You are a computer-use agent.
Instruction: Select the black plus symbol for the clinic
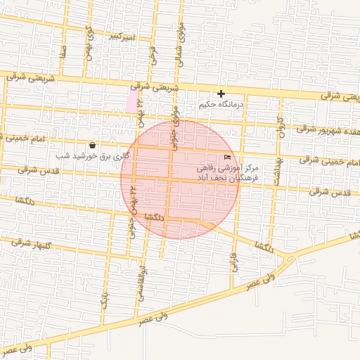coord(221,94)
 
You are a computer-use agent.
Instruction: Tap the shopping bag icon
coord(93,145)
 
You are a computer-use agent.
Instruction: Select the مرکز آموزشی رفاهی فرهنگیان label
coord(225,174)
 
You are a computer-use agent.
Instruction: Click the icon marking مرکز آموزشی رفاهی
coord(226,157)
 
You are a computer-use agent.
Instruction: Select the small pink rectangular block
coord(132,102)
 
